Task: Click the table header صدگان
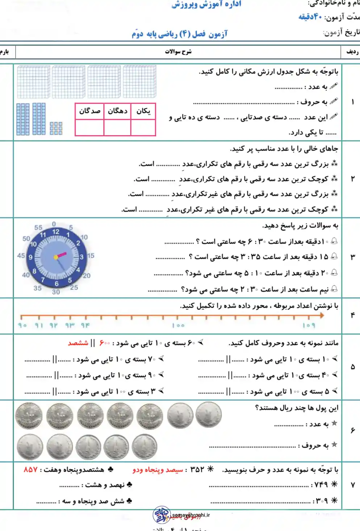(x=89, y=111)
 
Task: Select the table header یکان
(x=143, y=111)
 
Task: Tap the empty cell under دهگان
(x=117, y=127)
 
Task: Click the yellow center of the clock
(x=56, y=257)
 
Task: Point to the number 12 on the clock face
(x=56, y=232)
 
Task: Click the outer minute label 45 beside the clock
(x=21, y=256)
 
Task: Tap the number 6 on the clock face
(x=56, y=283)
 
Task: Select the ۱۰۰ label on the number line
(x=178, y=325)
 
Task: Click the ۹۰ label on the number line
(x=22, y=325)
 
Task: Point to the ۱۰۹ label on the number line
(x=309, y=325)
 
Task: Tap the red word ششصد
(x=78, y=343)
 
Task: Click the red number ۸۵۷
(x=31, y=469)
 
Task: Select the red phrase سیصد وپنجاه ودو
(x=158, y=470)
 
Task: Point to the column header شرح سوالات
(x=178, y=52)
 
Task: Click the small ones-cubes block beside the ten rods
(x=56, y=128)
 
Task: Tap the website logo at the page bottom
(x=162, y=515)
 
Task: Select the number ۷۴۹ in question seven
(x=321, y=484)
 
